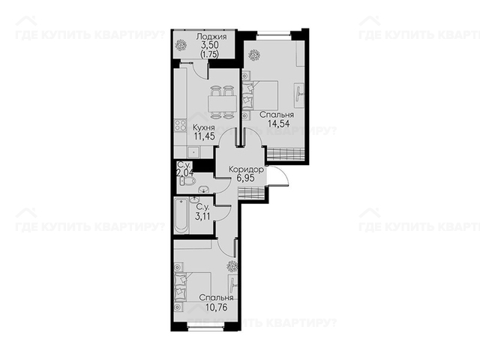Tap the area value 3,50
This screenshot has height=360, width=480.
[210, 45]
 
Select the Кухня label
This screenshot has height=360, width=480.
[204, 127]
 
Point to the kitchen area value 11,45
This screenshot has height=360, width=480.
[204, 136]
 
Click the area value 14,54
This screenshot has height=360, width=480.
[278, 123]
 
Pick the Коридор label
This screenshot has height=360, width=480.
[246, 169]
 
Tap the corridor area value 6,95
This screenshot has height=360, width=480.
[245, 178]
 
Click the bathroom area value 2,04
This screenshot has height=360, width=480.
[184, 172]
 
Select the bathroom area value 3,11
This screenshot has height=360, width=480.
[202, 217]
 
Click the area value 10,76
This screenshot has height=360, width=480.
[217, 307]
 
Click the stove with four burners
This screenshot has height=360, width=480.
[180, 125]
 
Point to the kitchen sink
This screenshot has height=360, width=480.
[193, 152]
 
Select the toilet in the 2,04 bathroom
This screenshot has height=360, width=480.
[187, 182]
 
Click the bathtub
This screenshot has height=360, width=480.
[181, 216]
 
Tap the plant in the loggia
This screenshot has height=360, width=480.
[181, 45]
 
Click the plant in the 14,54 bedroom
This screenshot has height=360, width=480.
[254, 55]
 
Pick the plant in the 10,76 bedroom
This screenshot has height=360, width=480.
[232, 266]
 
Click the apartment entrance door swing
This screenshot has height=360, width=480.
[278, 176]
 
